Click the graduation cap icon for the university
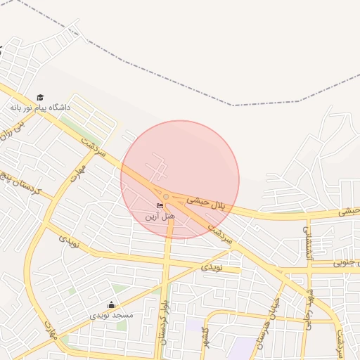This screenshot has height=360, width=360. pos(40,97)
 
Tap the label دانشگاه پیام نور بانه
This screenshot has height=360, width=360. pos(40,108)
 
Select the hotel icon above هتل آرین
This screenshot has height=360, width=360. pos(160,205)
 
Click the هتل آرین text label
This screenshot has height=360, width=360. pos(160,216)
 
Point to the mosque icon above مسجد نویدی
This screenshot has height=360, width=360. pos(111,304)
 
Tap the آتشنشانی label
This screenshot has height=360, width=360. pos(306,239)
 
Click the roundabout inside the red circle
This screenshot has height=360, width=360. pos(166,196)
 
